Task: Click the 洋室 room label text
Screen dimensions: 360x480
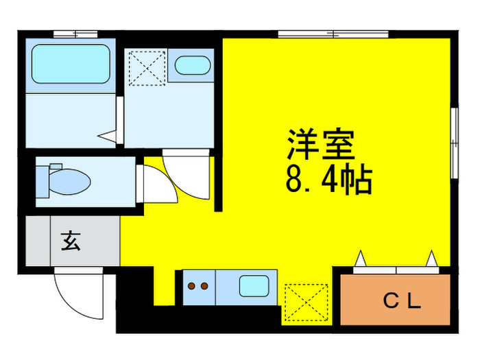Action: (320, 145)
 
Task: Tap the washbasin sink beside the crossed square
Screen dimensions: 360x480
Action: (192, 67)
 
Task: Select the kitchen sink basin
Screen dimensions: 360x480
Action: (253, 285)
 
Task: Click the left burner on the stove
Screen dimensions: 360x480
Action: (192, 286)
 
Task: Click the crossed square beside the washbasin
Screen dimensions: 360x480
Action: (145, 67)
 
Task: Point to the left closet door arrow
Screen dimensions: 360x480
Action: (361, 259)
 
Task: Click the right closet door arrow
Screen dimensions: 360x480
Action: (433, 259)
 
